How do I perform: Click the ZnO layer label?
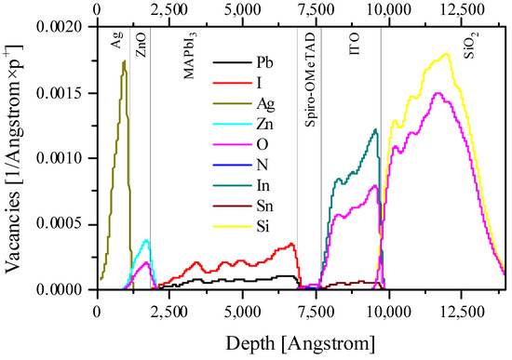click(x=140, y=49)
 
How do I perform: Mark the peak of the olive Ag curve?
click(x=124, y=62)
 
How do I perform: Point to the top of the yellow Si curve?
click(x=447, y=54)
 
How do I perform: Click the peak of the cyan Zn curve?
click(x=145, y=240)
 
